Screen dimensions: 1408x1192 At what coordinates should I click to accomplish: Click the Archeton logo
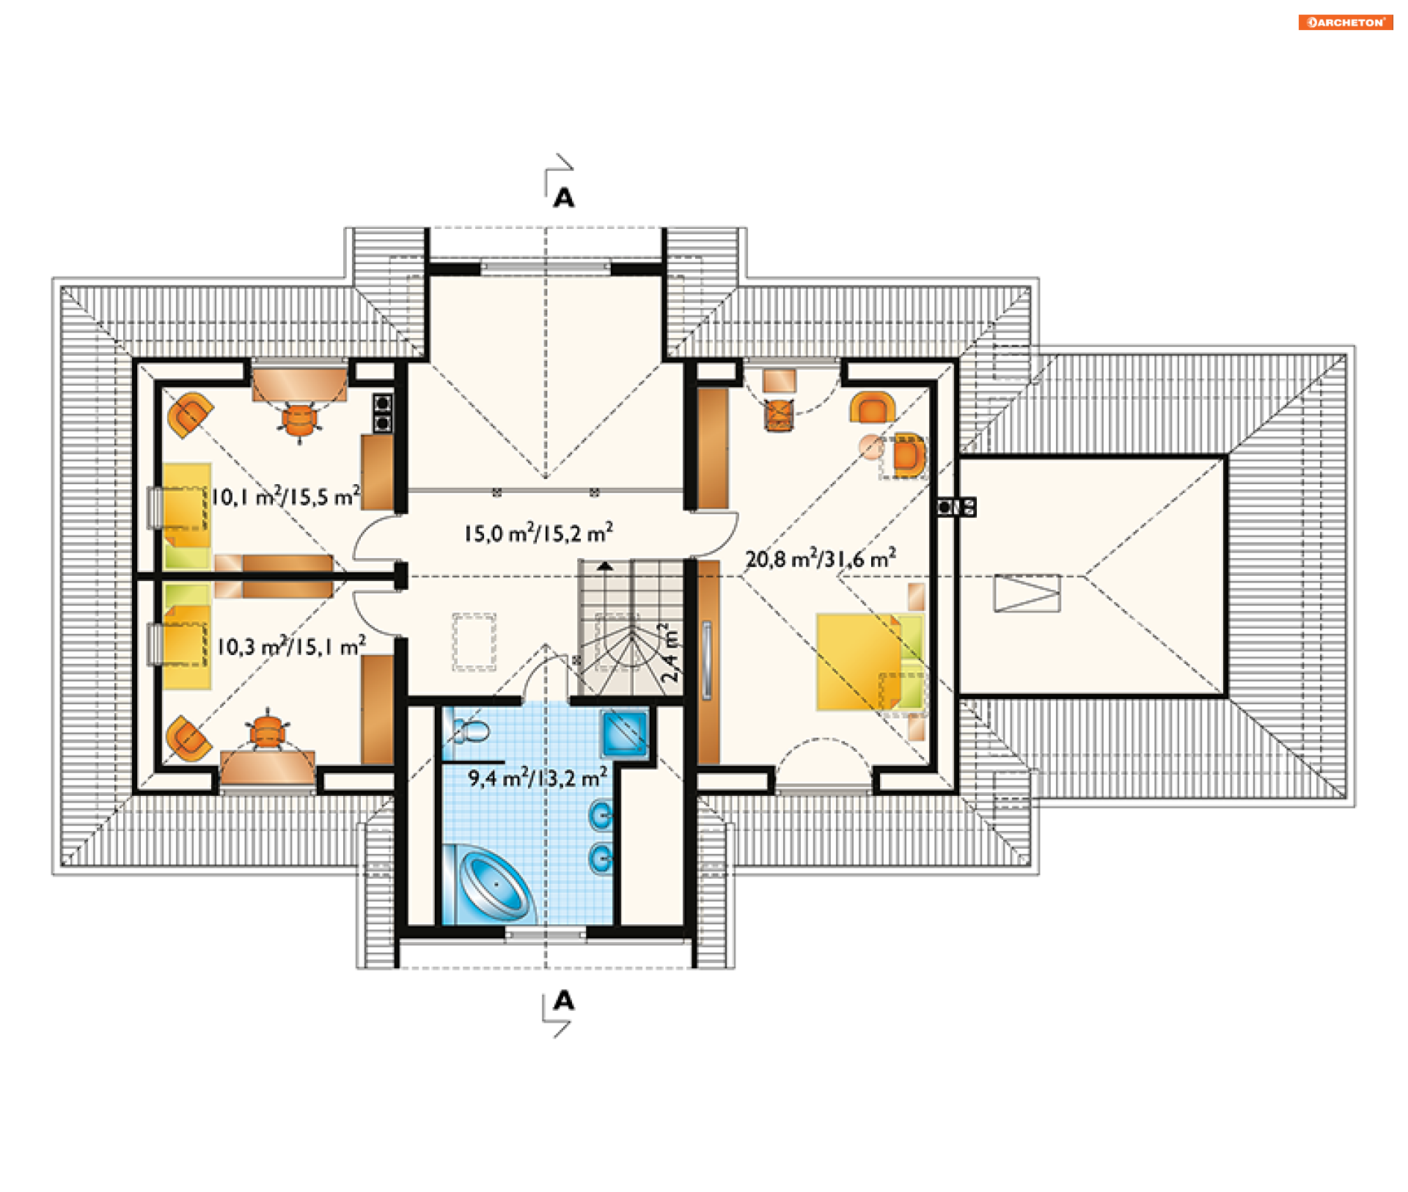pyautogui.click(x=1345, y=22)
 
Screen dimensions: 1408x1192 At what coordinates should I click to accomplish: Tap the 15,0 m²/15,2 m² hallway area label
pyautogui.click(x=538, y=533)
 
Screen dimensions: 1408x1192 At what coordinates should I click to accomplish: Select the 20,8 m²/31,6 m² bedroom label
pyautogui.click(x=821, y=558)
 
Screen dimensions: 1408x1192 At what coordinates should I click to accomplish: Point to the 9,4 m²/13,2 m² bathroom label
pyautogui.click(x=538, y=777)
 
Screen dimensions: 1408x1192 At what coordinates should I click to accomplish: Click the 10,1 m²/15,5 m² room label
pyautogui.click(x=285, y=496)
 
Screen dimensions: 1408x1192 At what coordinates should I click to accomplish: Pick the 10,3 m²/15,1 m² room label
pyautogui.click(x=291, y=646)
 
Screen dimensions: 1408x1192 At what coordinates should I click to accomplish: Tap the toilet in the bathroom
pyautogui.click(x=472, y=731)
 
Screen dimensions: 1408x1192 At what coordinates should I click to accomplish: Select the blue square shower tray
pyautogui.click(x=625, y=733)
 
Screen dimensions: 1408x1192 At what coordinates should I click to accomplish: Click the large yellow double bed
pyautogui.click(x=869, y=662)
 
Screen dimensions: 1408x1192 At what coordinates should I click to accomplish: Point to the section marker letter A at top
pyautogui.click(x=564, y=197)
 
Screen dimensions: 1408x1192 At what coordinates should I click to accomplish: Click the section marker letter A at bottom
pyautogui.click(x=564, y=1000)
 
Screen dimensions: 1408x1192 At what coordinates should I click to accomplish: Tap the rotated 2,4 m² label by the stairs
pyautogui.click(x=670, y=653)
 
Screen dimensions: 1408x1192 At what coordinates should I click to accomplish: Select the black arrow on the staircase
pyautogui.click(x=605, y=566)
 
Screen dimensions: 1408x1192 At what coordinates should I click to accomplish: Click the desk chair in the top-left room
pyautogui.click(x=299, y=420)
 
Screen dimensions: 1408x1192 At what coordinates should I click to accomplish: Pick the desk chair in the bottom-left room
pyautogui.click(x=268, y=731)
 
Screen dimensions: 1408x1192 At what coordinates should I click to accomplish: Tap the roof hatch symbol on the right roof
pyautogui.click(x=1027, y=593)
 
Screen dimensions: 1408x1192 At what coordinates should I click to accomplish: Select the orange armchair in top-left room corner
pyautogui.click(x=190, y=415)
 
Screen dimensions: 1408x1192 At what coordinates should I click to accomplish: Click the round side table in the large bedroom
pyautogui.click(x=871, y=447)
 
